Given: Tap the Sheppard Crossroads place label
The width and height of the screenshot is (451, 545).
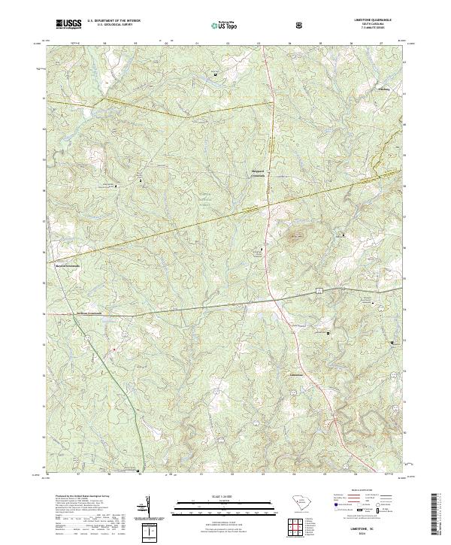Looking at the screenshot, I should [x=259, y=176].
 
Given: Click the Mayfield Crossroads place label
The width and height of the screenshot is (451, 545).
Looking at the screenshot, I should [x=65, y=265].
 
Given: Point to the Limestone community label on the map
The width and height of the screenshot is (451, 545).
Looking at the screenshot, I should [x=298, y=372].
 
